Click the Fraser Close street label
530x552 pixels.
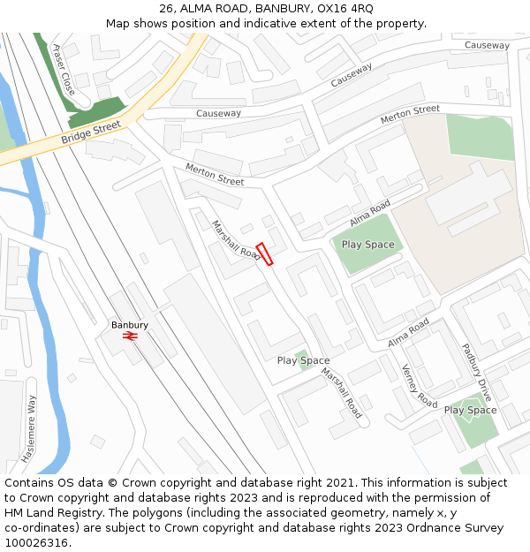64,70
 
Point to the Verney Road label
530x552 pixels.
419,386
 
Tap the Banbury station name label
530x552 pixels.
130,325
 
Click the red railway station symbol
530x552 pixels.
130,336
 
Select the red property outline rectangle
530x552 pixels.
265,253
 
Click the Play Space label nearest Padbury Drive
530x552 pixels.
470,410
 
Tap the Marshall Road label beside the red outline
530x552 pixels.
236,240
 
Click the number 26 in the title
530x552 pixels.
167,9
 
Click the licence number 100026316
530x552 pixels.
36,543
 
